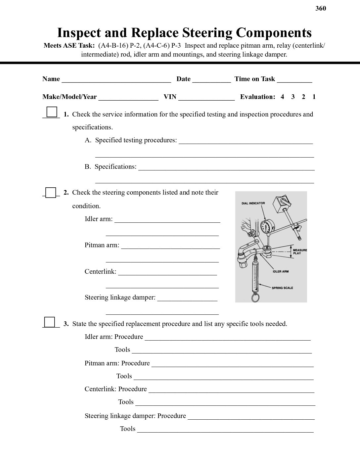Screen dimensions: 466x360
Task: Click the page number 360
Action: click(x=321, y=8)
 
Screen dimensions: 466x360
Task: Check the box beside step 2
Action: click(x=51, y=192)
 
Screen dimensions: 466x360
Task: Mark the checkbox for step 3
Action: click(x=50, y=322)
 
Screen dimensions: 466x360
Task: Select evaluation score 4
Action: click(x=282, y=97)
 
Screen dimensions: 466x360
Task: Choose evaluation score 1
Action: click(x=314, y=97)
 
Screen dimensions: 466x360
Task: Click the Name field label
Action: click(x=51, y=79)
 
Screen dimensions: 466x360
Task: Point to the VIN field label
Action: click(x=170, y=97)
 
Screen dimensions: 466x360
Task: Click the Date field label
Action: click(x=183, y=79)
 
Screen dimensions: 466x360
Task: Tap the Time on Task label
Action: click(x=254, y=79)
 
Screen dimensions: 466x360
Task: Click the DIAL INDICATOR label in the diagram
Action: click(x=253, y=203)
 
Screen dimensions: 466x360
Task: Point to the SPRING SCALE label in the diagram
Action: click(x=282, y=288)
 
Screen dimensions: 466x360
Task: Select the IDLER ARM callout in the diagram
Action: click(x=281, y=271)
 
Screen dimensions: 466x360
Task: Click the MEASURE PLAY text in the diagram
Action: click(x=299, y=252)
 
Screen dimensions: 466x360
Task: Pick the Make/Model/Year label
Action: click(x=69, y=97)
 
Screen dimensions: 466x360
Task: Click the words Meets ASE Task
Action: click(x=69, y=46)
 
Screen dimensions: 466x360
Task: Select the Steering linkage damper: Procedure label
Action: click(x=135, y=416)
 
